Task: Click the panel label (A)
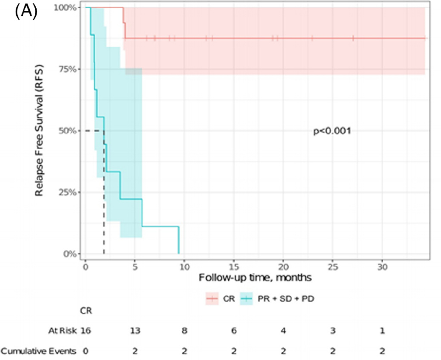(x=26, y=12)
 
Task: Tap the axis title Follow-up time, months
(x=255, y=278)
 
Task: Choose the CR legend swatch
(x=212, y=298)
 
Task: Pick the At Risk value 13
(x=135, y=331)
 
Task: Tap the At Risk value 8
(x=184, y=331)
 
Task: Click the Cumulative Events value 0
(x=86, y=351)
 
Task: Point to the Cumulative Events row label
(x=39, y=351)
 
